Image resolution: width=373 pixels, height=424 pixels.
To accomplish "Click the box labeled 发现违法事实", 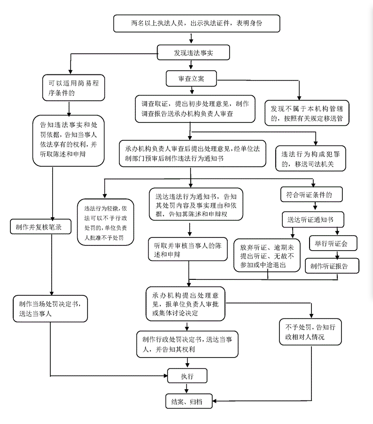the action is [x=193, y=52].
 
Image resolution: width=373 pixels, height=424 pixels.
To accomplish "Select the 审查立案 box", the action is [x=191, y=79].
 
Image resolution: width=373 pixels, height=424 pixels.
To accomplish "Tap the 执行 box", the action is [x=187, y=375].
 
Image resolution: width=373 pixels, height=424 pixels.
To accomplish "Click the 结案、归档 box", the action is [x=189, y=401].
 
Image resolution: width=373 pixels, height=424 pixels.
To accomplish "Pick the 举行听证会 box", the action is [x=333, y=244].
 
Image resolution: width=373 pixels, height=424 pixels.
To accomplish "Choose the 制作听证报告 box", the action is [x=332, y=266].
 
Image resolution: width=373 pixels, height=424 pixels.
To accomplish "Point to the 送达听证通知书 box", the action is [x=313, y=219].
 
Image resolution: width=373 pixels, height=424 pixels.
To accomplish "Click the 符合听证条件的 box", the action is [x=311, y=195].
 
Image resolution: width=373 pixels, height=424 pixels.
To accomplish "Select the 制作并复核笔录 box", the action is [x=41, y=227].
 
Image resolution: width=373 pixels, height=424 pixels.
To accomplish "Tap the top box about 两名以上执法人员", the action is [x=197, y=24].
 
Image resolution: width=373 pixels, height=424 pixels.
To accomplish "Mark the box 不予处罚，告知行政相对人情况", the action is [x=310, y=332].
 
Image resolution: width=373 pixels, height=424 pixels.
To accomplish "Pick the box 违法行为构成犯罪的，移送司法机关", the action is [x=310, y=158].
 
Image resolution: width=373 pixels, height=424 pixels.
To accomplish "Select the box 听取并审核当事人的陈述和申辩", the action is [x=188, y=249].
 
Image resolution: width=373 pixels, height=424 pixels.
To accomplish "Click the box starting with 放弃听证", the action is [x=267, y=255].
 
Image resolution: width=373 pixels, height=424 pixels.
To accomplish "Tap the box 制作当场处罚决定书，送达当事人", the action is [x=50, y=309].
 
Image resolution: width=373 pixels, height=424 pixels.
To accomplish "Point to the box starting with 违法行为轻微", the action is [x=105, y=222].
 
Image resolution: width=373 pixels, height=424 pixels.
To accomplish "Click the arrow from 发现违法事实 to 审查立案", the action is [x=191, y=65].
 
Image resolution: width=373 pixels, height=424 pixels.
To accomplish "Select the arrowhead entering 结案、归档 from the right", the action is [x=215, y=401].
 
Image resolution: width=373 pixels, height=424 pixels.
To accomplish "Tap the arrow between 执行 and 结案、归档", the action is [x=186, y=388].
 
